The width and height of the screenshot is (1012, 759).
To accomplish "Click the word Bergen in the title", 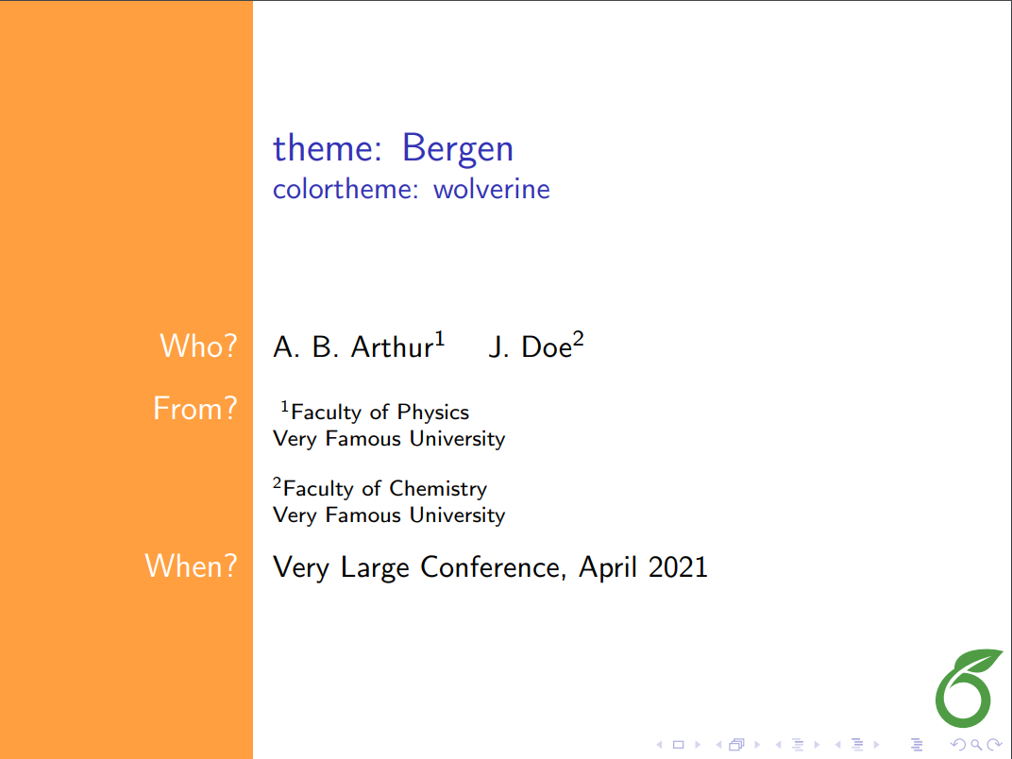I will [x=457, y=149].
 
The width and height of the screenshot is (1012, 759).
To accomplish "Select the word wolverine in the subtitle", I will [x=491, y=189].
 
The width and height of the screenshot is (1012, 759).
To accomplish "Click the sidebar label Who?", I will [x=198, y=346].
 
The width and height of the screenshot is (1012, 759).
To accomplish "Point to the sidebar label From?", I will [x=194, y=409].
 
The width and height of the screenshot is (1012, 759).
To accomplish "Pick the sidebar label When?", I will [x=191, y=566].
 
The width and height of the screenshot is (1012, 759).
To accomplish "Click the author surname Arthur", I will [x=391, y=347].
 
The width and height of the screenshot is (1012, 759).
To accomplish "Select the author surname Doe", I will [x=547, y=347].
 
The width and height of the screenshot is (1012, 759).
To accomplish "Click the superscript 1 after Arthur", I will [x=439, y=339].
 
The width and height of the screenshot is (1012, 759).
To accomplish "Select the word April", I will [x=606, y=567].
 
